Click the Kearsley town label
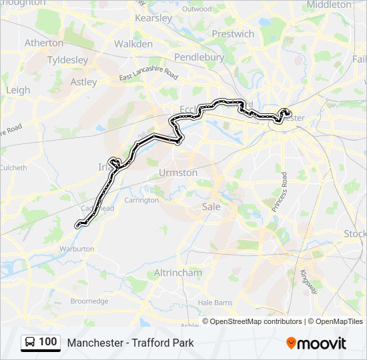pyautogui.click(x=154, y=19)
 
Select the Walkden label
pyautogui.click(x=133, y=43)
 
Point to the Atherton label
pyautogui.click(x=43, y=43)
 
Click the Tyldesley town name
pyautogui.click(x=67, y=60)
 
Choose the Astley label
pyautogui.click(x=83, y=82)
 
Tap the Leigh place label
pyautogui.click(x=17, y=90)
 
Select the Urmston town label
pyautogui.click(x=178, y=173)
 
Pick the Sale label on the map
pyautogui.click(x=211, y=207)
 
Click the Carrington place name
pyautogui.click(x=141, y=200)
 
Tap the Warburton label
pyautogui.click(x=76, y=249)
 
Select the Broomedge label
pyautogui.click(x=89, y=301)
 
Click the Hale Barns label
pyautogui.click(x=215, y=302)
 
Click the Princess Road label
pyautogui.click(x=278, y=192)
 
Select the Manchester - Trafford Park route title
pyautogui.click(x=130, y=343)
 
